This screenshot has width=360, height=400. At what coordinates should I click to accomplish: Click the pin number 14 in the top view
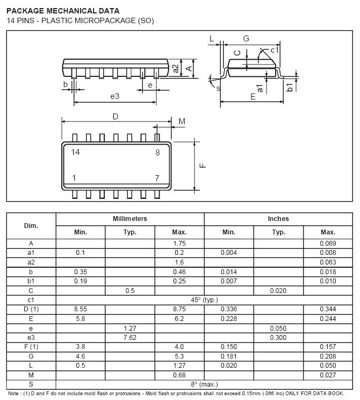point(75,152)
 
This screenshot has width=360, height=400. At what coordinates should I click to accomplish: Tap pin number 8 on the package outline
point(157,153)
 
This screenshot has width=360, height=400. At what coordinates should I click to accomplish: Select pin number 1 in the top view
point(74,178)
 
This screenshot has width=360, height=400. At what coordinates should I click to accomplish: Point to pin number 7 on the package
point(157,178)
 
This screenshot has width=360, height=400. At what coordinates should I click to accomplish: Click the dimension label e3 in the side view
point(114,96)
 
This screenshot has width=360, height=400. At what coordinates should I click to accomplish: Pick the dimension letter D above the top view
point(115,117)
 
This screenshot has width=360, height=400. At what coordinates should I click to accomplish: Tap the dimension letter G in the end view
point(246,38)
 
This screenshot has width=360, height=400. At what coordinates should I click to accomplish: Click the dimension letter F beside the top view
point(203,166)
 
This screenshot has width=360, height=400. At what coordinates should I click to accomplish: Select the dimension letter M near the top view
point(182,122)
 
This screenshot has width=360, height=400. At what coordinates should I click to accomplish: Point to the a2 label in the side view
point(176,68)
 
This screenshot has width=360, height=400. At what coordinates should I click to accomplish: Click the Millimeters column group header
point(130,219)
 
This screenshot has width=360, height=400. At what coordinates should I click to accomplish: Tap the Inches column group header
point(278,219)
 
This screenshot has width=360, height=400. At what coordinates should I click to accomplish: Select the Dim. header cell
point(31,225)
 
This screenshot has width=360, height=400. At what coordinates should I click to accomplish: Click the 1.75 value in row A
point(179,243)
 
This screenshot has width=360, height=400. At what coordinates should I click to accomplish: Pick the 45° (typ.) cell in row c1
point(204,299)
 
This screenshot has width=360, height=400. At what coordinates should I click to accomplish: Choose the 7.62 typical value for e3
point(130,337)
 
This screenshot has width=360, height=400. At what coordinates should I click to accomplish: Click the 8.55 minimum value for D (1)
point(81,309)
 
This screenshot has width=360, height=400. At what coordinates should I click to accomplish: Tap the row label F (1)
point(31,347)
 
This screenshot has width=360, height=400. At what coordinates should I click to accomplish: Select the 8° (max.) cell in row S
point(204,384)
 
